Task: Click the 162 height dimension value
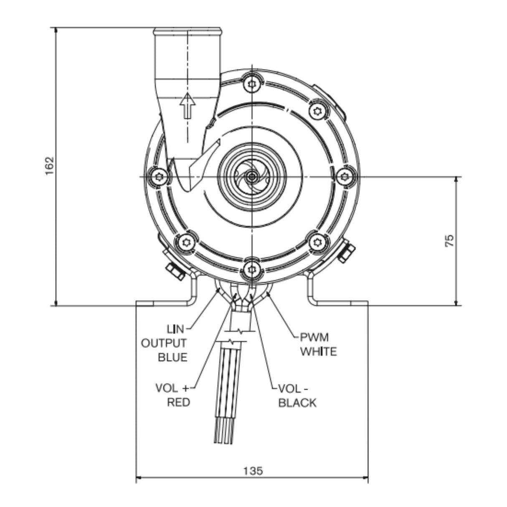(49, 166)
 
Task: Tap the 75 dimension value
(449, 241)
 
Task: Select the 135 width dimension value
(253, 471)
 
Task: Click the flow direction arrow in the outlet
(188, 106)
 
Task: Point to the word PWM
(314, 337)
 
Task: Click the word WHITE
(319, 352)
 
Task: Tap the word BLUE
(172, 357)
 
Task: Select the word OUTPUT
(164, 343)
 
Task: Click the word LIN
(175, 329)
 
